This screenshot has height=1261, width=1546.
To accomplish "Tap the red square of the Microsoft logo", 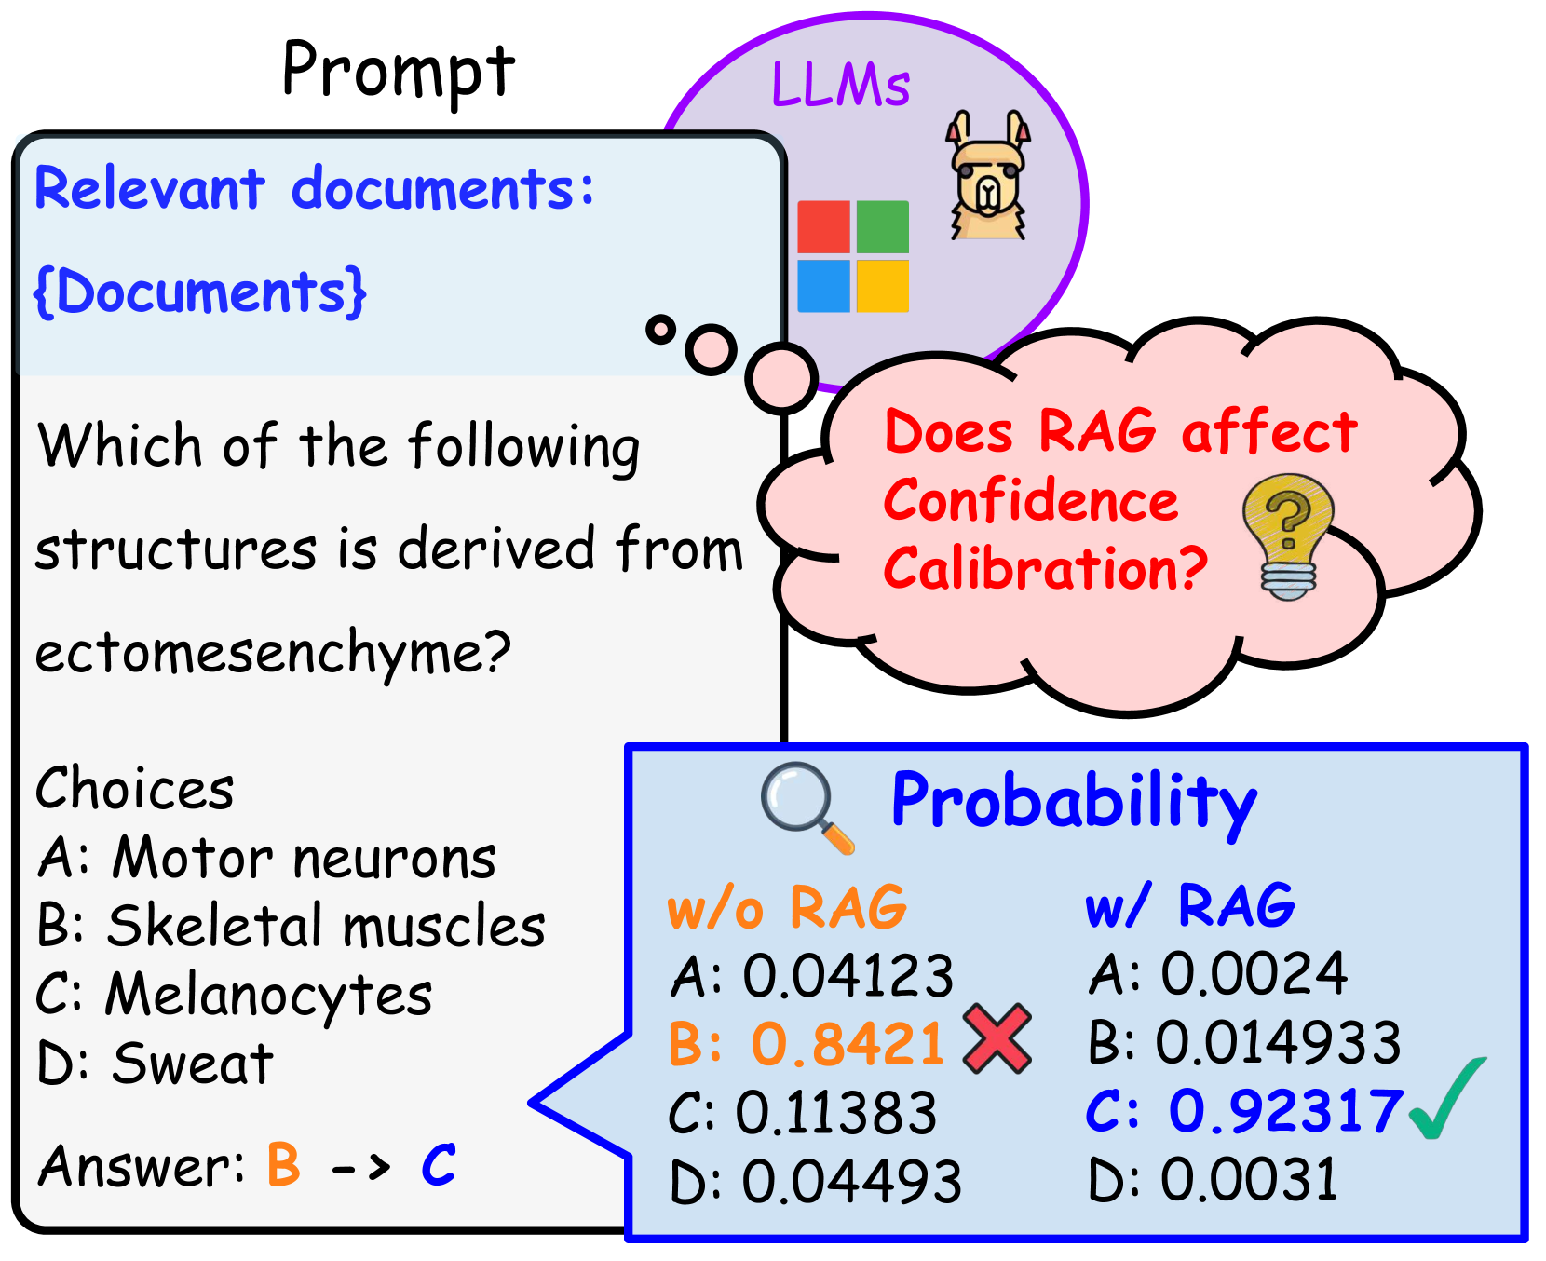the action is tap(823, 227).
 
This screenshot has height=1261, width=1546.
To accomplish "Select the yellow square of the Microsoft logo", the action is tap(882, 286).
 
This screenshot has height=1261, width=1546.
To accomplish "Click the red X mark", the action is tap(997, 1038).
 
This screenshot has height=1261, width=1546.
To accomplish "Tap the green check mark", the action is tap(1447, 1098).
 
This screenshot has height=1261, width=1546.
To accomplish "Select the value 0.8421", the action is tap(848, 1044).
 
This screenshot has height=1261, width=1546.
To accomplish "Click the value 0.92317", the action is tap(1285, 1111).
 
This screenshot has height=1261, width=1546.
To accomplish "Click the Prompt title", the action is tap(398, 71).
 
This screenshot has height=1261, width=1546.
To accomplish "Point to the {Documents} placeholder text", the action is tap(200, 292).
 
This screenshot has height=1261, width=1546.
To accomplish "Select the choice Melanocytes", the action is tap(268, 996).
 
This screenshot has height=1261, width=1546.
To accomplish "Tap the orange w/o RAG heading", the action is tap(787, 907).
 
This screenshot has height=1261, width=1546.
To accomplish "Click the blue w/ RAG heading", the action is tap(1190, 904).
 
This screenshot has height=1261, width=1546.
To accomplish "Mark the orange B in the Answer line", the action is tap(284, 1164).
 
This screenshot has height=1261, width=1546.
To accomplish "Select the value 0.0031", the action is tap(1249, 1180).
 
